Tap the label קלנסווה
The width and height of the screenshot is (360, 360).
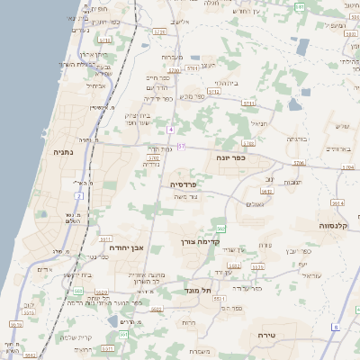point(335,225)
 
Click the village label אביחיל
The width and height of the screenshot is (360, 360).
point(96,86)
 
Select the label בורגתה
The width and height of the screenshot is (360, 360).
point(297,139)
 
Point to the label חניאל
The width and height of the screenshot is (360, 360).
point(259,123)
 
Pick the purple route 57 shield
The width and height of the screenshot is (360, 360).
point(181,146)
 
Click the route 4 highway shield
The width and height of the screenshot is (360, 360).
point(170,130)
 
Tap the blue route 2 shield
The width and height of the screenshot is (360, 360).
point(79,194)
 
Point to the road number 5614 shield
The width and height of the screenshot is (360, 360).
point(337,202)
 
